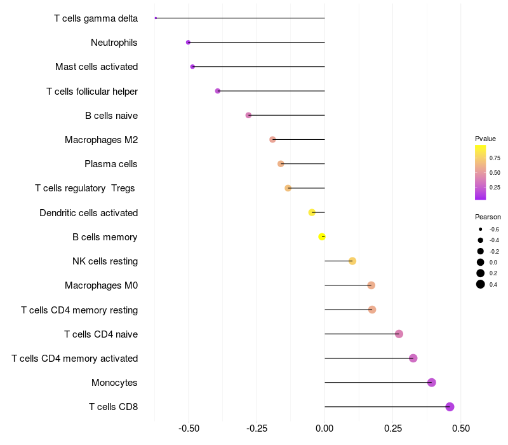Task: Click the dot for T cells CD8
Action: click(450, 407)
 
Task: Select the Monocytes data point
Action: click(432, 383)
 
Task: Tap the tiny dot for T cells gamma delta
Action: click(156, 18)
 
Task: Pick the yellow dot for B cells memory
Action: click(322, 237)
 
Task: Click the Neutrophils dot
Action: click(188, 43)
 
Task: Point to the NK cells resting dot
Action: click(352, 261)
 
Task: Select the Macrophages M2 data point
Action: click(272, 140)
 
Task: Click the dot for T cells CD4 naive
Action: click(399, 334)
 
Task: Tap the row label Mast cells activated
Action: click(97, 67)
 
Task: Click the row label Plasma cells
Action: click(111, 164)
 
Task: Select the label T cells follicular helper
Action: click(92, 91)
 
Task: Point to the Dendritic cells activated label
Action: click(88, 212)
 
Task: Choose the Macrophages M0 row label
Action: click(101, 285)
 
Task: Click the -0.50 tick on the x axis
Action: click(189, 428)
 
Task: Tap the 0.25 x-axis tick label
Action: click(392, 428)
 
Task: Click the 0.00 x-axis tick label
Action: click(324, 428)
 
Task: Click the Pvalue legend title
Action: click(485, 139)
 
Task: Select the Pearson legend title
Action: click(488, 217)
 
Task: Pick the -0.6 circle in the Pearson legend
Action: click(481, 229)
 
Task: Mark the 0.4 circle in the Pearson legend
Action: click(481, 284)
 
